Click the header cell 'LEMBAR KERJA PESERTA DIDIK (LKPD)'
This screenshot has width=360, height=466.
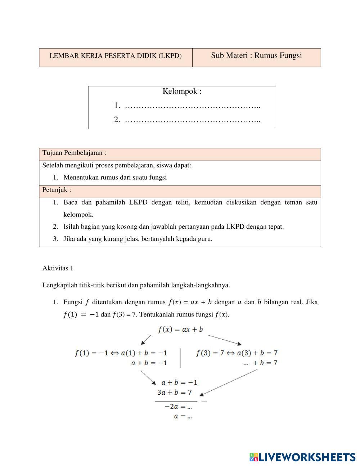[116, 56]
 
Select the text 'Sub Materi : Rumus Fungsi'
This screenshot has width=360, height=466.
[256, 55]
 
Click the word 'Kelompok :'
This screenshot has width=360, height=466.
[182, 91]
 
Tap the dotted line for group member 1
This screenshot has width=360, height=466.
[193, 106]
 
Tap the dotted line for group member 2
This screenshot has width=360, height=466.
[193, 120]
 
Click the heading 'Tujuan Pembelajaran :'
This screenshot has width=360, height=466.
[74, 153]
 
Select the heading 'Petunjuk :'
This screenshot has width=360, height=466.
[57, 190]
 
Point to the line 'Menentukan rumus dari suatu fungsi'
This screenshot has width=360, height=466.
[115, 177]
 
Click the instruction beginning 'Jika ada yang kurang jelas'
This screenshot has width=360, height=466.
[138, 239]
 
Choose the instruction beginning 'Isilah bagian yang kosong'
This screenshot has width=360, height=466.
[174, 227]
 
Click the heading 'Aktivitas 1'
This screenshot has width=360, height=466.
[58, 268]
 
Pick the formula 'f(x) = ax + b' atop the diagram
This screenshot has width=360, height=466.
[180, 330]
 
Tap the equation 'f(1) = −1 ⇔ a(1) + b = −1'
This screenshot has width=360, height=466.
[121, 353]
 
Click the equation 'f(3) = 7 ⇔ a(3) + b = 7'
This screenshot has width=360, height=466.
[237, 353]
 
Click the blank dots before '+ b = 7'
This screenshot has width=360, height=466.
[246, 363]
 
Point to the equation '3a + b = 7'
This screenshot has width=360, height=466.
[174, 392]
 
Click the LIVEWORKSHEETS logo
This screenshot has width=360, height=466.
[302, 457]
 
